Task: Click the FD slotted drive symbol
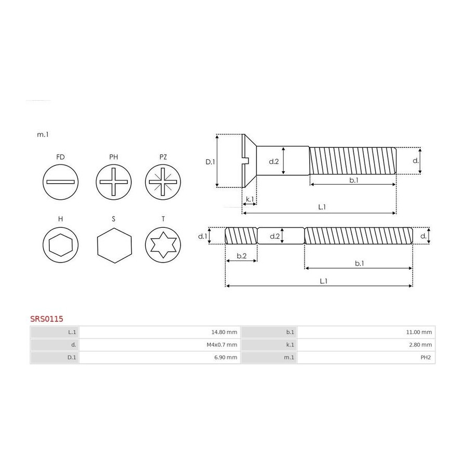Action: (61, 182)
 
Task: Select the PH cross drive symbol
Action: (114, 182)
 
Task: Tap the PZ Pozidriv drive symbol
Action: (163, 182)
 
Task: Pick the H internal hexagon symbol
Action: (61, 245)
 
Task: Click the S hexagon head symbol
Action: (114, 245)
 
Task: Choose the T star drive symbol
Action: (163, 245)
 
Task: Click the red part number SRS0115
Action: (47, 319)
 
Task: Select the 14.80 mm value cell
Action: (160, 332)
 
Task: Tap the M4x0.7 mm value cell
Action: (160, 345)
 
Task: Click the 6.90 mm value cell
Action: (160, 358)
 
